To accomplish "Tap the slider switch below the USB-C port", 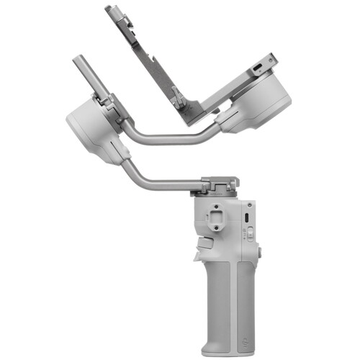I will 249,233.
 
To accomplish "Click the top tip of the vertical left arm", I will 77,61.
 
